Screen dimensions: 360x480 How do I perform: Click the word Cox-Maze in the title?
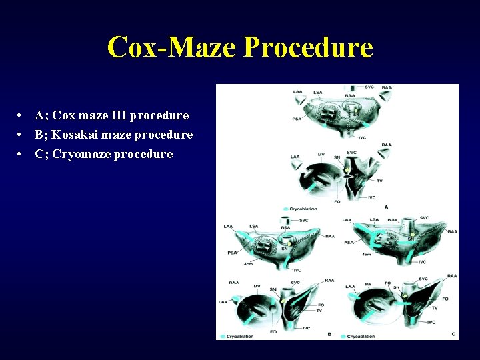coord(171,47)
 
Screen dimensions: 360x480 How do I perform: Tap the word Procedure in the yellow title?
coord(308,47)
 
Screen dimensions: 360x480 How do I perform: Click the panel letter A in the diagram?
coord(386,207)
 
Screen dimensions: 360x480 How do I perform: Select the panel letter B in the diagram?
coord(329,334)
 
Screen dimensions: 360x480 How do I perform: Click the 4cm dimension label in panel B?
coord(248,265)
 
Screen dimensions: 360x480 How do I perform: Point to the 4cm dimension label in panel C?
coord(366,255)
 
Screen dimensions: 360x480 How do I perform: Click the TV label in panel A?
coord(379,181)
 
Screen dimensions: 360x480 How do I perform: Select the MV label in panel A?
coord(321,155)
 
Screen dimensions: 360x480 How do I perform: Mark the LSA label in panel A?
coord(318,92)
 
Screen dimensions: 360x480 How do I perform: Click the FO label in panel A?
coord(337,201)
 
